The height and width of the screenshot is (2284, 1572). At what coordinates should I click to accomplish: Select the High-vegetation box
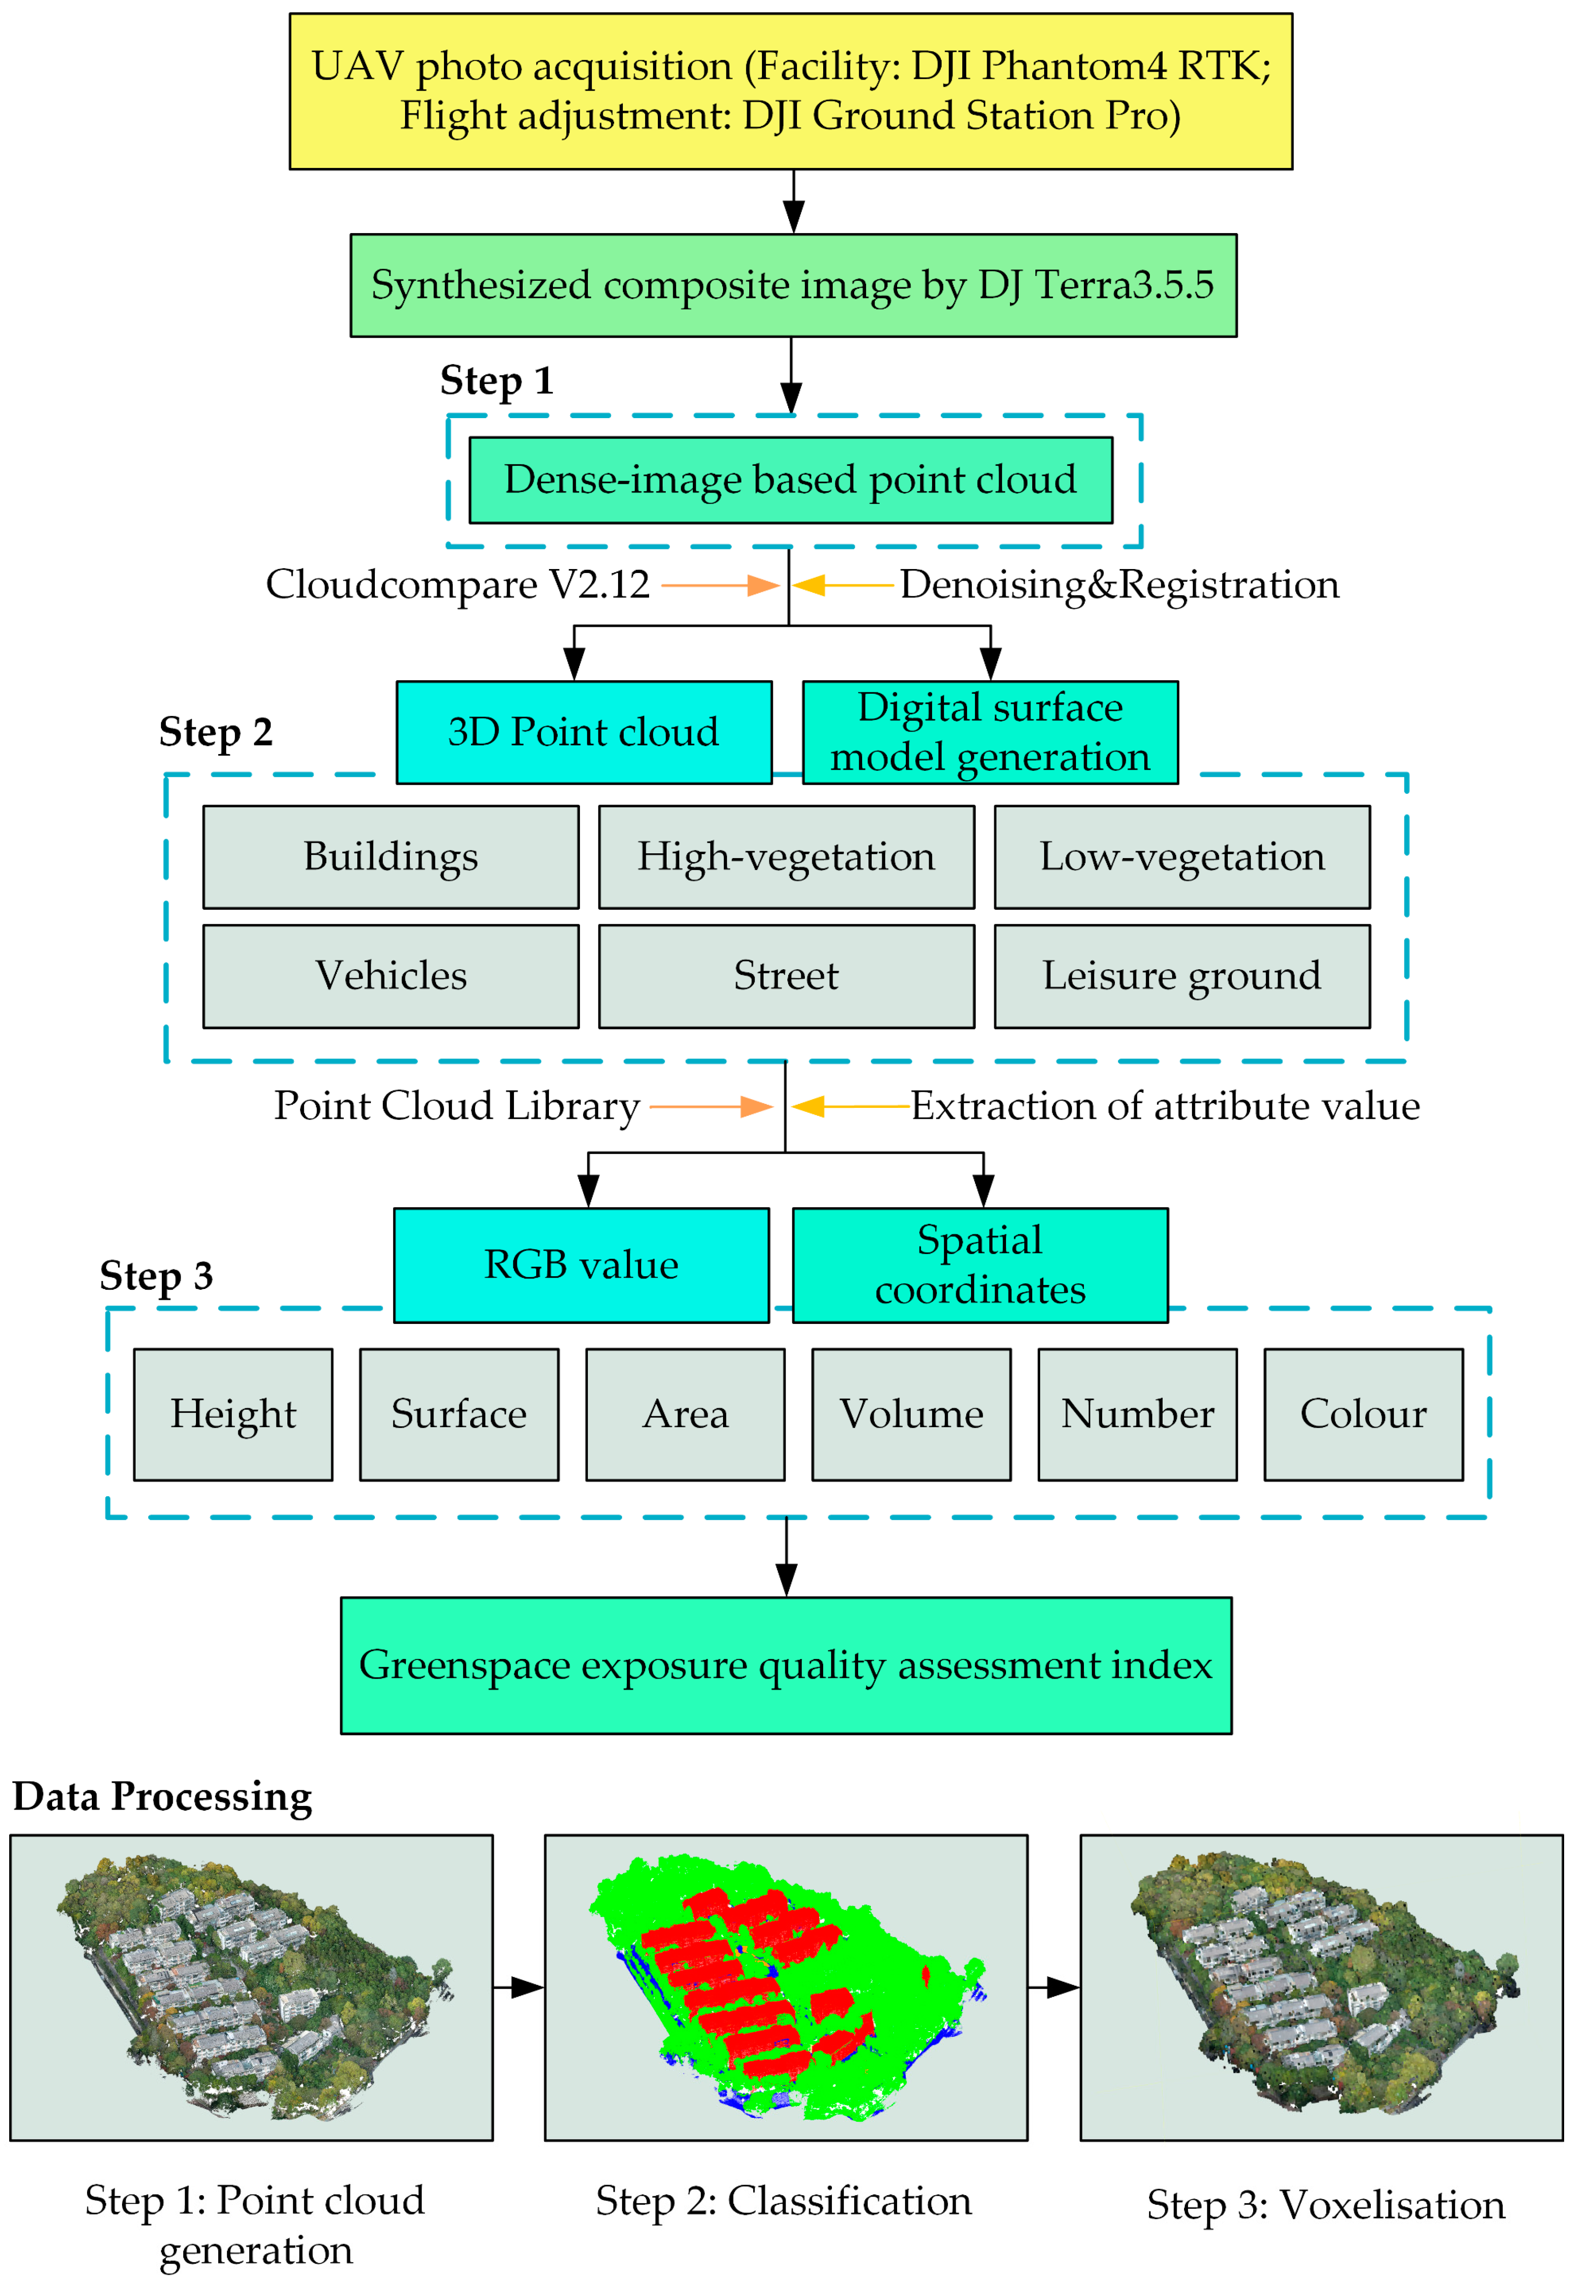point(786,857)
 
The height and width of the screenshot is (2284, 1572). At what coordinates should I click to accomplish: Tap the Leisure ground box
point(1182,976)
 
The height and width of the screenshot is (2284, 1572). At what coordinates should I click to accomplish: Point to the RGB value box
point(581,1264)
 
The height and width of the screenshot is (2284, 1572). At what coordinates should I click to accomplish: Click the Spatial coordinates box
point(980,1264)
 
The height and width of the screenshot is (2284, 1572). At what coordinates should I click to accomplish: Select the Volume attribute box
point(911,1414)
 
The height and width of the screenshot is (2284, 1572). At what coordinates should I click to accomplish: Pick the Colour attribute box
point(1363,1414)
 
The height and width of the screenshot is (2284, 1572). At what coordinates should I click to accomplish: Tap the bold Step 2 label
point(216,732)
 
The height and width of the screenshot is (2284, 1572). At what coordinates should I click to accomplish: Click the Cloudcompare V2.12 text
point(458,584)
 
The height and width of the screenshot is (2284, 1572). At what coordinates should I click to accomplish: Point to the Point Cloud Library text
point(457,1106)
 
